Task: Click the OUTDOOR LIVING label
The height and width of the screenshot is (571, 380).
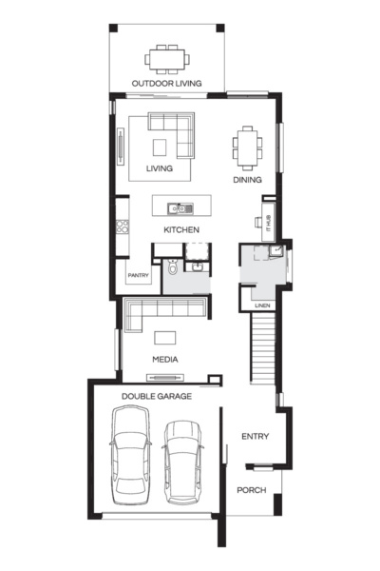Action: (x=166, y=84)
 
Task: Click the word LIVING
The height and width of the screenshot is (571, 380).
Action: (x=160, y=169)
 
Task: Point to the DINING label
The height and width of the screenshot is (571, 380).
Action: (x=247, y=179)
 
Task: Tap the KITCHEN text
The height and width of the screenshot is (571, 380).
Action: (x=180, y=230)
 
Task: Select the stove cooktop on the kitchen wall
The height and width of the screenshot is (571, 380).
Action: (x=123, y=227)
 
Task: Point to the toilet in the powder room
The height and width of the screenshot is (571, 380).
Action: (x=171, y=270)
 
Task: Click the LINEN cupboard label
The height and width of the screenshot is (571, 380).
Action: (x=263, y=305)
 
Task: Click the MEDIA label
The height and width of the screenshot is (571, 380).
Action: (x=165, y=359)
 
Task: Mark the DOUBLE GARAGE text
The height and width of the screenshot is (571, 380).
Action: (x=157, y=395)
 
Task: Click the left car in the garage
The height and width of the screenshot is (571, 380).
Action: (x=130, y=455)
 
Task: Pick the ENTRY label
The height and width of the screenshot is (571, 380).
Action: (x=256, y=437)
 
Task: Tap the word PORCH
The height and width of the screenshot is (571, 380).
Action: (x=252, y=491)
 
